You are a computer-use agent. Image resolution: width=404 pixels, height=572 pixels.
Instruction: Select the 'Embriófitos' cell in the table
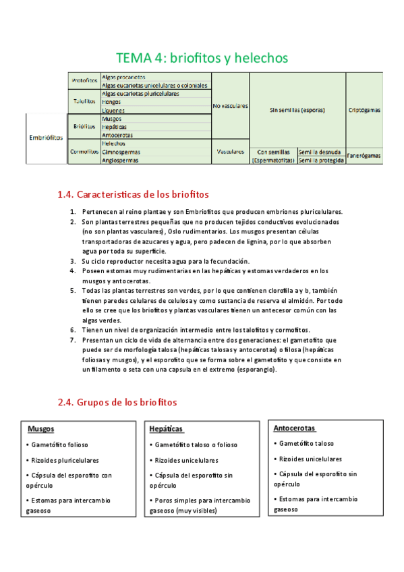point(46,138)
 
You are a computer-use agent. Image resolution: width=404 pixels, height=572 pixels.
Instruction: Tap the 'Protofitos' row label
point(84,81)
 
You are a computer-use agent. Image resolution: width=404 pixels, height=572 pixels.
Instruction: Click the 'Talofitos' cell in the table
point(84,102)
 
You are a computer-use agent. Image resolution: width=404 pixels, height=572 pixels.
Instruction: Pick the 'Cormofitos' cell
point(84,152)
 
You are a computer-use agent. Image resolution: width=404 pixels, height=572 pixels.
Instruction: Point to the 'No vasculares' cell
point(230,106)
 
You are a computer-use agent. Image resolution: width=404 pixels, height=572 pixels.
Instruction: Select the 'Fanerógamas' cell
point(364,156)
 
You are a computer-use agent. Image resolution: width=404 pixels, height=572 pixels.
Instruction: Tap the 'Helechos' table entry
point(113,144)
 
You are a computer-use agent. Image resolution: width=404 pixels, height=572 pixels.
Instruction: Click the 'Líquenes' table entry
point(113,110)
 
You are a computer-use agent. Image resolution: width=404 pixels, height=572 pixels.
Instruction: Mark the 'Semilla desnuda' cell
point(320,152)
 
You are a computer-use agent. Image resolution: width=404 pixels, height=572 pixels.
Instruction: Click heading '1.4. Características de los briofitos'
point(134,195)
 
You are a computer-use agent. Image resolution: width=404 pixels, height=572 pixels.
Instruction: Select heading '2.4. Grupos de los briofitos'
point(117,402)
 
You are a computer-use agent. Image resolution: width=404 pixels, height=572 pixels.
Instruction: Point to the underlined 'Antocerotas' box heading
point(294,428)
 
